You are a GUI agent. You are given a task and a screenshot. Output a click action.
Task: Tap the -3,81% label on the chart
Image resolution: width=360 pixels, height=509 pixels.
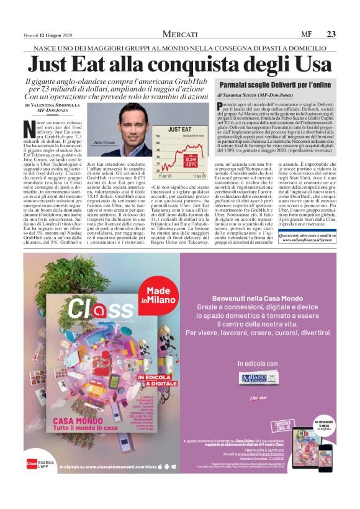(190, 165)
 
